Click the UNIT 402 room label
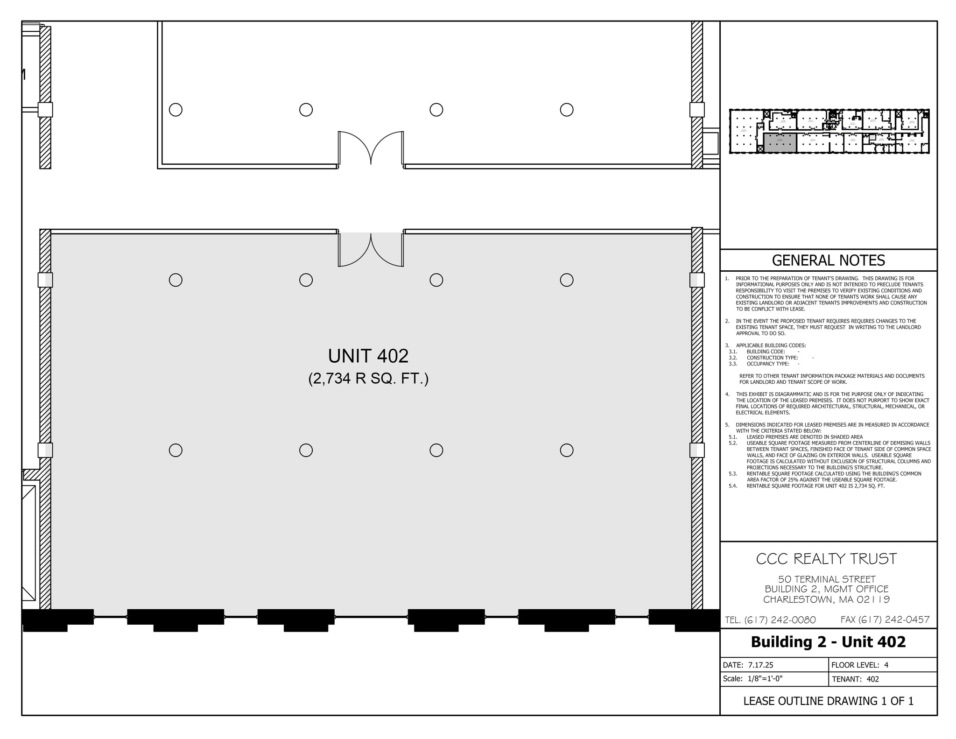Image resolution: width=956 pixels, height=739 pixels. tap(368, 356)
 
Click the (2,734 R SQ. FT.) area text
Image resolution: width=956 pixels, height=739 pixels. tap(368, 379)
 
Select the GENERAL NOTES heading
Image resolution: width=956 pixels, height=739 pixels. tap(828, 260)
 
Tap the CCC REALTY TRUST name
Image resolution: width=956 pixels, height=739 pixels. tap(826, 559)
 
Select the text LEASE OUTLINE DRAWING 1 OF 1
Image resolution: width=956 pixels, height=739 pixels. tap(828, 701)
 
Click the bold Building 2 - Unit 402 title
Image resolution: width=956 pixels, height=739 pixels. tap(828, 642)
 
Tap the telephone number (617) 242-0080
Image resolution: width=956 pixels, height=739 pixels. tap(770, 620)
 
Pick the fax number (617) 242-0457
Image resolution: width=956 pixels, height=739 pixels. tap(885, 619)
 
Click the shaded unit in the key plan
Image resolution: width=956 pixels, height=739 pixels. tap(780, 142)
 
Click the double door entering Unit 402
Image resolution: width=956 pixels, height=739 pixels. tap(371, 249)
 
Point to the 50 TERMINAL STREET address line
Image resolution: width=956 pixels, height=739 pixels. tap(827, 579)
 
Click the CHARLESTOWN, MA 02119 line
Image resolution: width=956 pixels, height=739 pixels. tap(827, 599)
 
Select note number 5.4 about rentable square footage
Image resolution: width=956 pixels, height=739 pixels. tap(815, 486)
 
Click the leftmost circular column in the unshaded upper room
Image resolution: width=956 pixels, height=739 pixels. tap(176, 110)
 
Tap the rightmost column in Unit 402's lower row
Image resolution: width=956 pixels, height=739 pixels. tap(566, 450)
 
